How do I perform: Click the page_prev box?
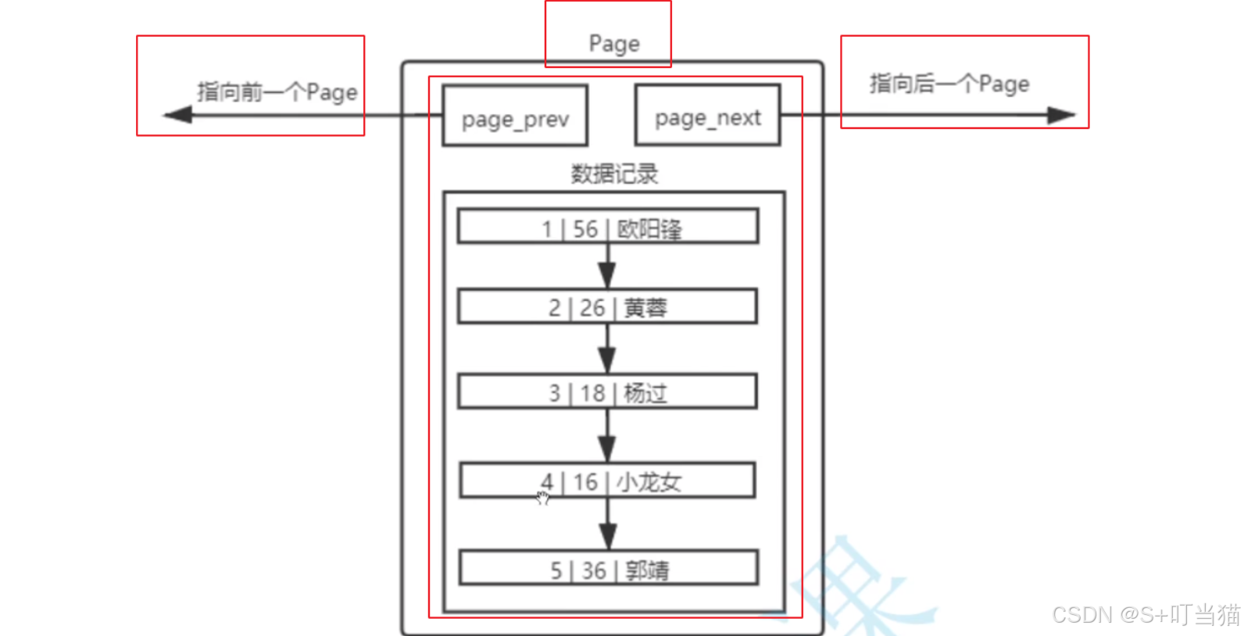(515, 116)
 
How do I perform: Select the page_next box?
(707, 116)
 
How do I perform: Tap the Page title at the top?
(614, 44)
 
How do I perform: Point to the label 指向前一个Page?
(277, 92)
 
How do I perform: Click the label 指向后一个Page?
(949, 84)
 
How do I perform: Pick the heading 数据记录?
(614, 173)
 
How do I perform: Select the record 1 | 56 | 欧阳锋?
(608, 227)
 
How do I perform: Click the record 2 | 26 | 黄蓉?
(608, 307)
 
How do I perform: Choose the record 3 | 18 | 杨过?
(608, 392)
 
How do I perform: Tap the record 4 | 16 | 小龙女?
(608, 481)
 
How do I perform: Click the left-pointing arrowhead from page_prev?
(177, 116)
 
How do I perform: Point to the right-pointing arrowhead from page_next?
(1061, 116)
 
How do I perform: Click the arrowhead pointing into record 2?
(607, 275)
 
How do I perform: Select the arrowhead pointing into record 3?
(607, 359)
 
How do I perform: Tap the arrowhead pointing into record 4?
(607, 448)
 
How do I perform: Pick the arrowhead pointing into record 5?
(607, 536)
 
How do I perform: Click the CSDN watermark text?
(1146, 615)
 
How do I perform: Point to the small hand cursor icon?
(543, 498)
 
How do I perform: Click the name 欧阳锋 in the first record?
(649, 229)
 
